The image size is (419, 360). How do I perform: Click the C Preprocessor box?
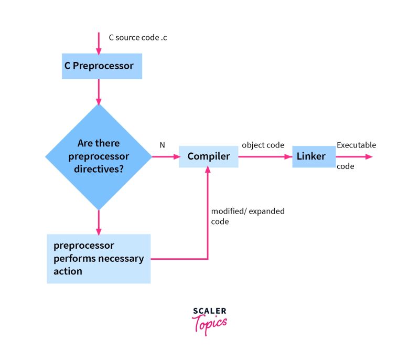tap(102, 67)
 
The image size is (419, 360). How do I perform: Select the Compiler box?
tap(208, 156)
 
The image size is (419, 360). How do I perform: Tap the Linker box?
tap(313, 156)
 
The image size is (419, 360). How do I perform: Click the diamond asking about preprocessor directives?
tap(99, 156)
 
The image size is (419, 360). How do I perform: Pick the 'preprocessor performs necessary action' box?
tap(99, 258)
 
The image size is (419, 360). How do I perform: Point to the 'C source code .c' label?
tap(138, 37)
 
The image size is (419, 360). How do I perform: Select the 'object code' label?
tap(263, 145)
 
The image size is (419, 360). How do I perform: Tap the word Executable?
tap(356, 145)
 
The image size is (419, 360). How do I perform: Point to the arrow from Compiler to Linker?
tap(265, 156)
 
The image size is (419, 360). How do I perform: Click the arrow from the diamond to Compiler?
tap(165, 156)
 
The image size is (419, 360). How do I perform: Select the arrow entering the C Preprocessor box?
tap(99, 43)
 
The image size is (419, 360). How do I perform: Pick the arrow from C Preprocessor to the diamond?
tap(99, 91)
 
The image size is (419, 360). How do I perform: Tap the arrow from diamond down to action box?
tap(99, 221)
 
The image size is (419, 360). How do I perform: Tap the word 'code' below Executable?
tap(345, 167)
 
